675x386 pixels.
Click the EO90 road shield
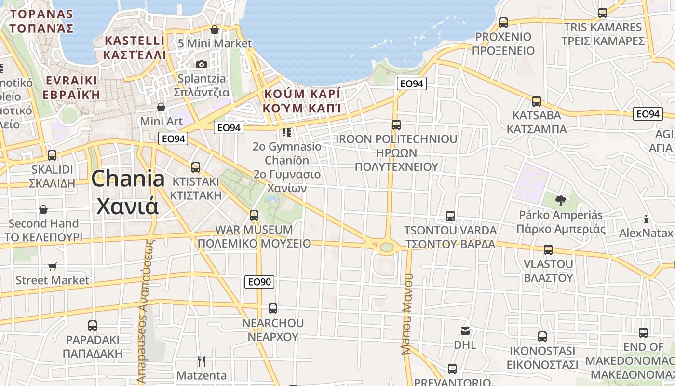click(x=259, y=282)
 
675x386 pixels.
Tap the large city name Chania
click(x=128, y=179)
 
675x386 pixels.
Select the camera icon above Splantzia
click(x=201, y=64)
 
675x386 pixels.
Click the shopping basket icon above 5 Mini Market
click(x=215, y=29)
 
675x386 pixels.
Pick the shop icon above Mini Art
click(x=161, y=107)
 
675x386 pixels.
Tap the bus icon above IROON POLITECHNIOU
click(x=396, y=125)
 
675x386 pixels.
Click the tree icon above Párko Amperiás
click(x=560, y=200)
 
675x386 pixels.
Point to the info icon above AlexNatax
click(x=646, y=220)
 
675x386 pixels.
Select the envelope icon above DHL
click(x=465, y=331)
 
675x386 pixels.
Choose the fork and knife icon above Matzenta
click(x=202, y=361)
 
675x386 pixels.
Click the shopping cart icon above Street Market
click(x=53, y=266)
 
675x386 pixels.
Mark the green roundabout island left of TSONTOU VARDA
click(x=387, y=247)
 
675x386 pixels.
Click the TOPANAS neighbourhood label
click(x=41, y=14)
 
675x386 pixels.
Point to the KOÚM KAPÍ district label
click(x=302, y=93)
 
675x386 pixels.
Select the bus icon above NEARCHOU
click(x=273, y=308)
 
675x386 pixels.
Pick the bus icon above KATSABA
click(x=537, y=101)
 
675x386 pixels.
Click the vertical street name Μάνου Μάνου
click(x=408, y=314)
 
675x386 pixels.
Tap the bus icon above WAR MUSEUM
click(x=254, y=215)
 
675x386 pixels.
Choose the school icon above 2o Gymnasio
click(x=287, y=132)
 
